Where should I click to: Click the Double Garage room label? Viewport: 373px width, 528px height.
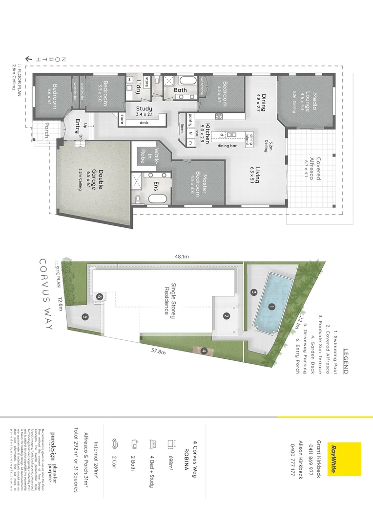94,179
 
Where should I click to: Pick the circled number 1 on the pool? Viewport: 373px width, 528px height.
271,307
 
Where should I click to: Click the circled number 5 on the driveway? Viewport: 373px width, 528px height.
85,317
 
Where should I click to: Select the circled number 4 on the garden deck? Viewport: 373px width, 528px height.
204,350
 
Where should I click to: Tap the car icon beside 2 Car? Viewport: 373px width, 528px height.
116,444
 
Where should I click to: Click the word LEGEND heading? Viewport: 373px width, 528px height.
346,361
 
